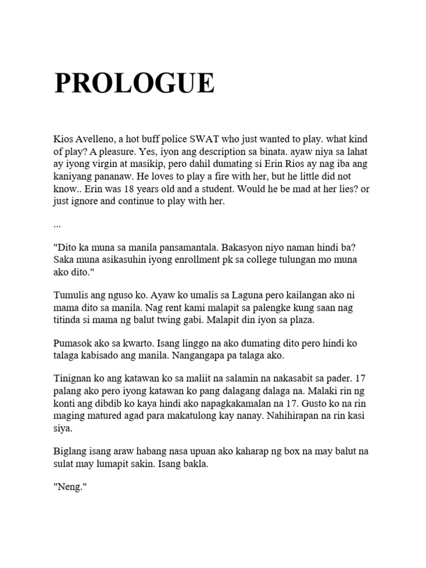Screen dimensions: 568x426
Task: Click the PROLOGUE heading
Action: (134, 84)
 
